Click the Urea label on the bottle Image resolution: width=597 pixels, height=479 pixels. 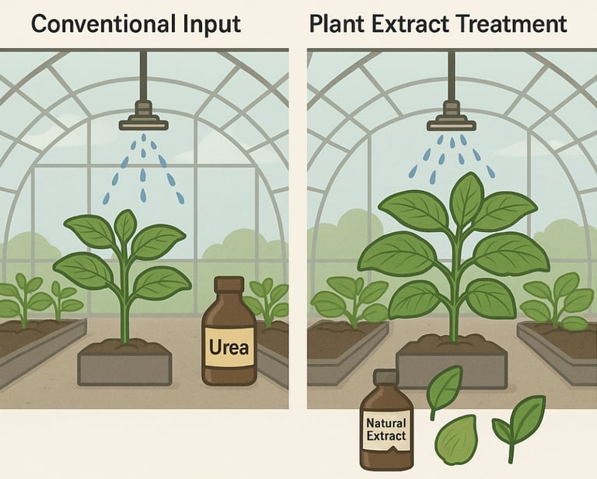(x=229, y=344)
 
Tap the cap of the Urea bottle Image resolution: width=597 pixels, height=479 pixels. (x=229, y=285)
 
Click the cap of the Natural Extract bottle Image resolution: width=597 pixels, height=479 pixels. (x=386, y=377)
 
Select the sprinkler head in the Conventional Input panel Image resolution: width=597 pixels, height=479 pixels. (x=143, y=116)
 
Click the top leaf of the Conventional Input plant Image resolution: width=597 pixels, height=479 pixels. (x=125, y=225)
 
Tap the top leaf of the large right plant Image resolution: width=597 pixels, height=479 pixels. (x=466, y=199)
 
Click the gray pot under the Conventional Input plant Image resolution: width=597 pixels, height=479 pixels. (x=124, y=369)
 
